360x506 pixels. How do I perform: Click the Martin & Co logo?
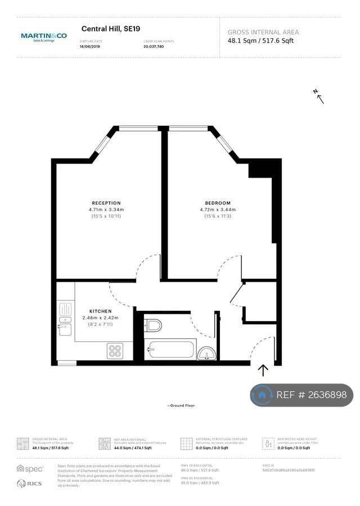pos(43,37)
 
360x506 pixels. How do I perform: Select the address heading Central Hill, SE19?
pos(111,28)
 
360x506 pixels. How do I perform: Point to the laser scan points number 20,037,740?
pos(154,47)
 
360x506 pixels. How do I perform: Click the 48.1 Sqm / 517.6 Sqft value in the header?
pos(260,40)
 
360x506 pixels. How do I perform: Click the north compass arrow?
pos(319,97)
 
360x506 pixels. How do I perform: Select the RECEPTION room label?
pos(106,203)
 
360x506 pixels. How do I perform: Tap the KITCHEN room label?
pos(100,311)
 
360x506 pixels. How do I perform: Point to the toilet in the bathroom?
pos(152,325)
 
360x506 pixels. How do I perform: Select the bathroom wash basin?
pos(205,353)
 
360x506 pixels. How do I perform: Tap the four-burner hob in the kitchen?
pos(115,351)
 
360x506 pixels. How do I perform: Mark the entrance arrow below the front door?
pos(263,370)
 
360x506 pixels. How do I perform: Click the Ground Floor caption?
pos(181,405)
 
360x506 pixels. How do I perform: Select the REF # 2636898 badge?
pos(301,395)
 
